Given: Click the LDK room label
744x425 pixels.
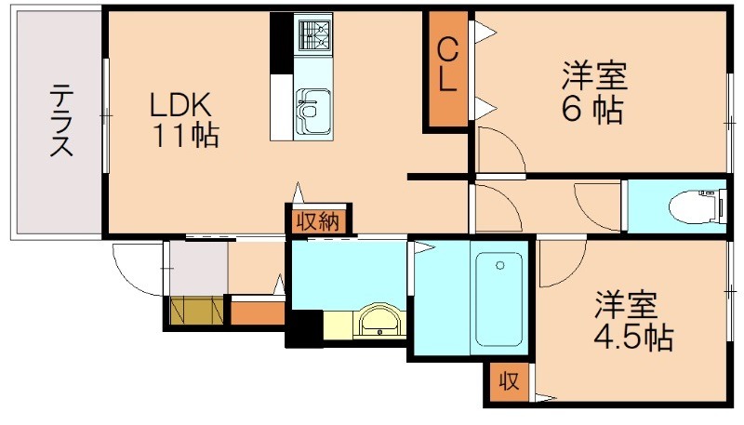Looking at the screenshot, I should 184,104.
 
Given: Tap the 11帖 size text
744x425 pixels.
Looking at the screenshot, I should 186,136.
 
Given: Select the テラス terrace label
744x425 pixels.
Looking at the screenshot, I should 61,120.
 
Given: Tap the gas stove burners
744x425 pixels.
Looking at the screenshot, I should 314,34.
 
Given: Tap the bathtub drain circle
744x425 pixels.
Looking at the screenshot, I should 501,266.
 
